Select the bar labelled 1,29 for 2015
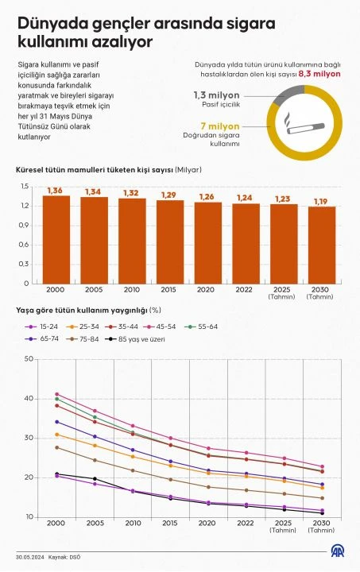coord(170,242)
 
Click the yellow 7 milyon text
coord(215,126)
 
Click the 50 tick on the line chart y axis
coord(29,359)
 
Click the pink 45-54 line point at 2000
coord(56,394)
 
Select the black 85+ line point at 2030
coord(322,513)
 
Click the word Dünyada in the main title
coord(53,25)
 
